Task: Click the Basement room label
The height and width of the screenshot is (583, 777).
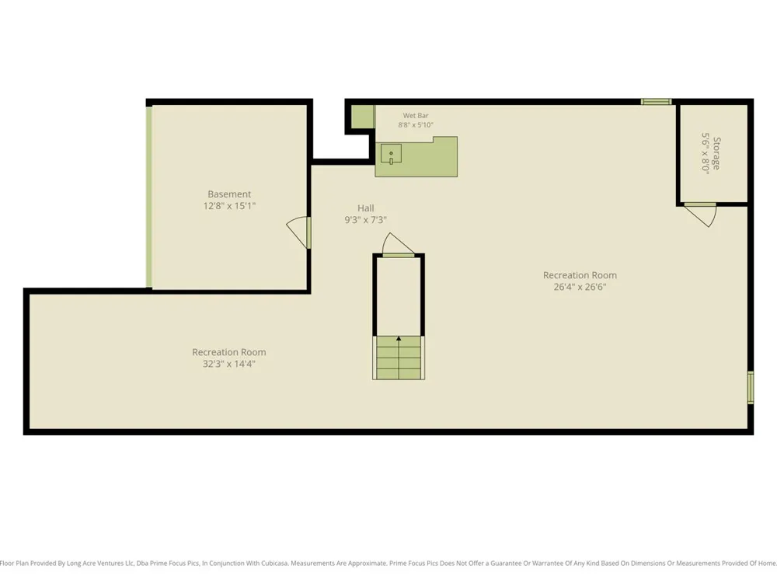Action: pos(229,194)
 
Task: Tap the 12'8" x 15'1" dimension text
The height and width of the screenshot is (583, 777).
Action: pos(229,206)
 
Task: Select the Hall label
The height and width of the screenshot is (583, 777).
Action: pos(366,208)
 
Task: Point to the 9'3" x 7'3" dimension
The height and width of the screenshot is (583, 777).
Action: pos(366,220)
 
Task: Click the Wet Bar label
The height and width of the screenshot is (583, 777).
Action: pos(415,116)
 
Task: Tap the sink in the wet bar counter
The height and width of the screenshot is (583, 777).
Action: pos(391,154)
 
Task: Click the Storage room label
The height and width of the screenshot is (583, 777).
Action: pos(716,154)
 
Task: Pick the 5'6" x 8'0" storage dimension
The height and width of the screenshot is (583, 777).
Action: pos(706,152)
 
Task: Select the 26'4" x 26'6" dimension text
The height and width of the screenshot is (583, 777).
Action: pos(580,287)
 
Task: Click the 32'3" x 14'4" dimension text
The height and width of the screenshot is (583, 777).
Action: pos(229,364)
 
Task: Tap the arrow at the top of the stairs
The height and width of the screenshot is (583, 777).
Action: pos(399,339)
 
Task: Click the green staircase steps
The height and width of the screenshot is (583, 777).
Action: pos(399,358)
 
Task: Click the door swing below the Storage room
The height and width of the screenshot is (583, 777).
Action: pos(701,215)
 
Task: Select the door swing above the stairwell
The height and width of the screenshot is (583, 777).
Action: pos(399,245)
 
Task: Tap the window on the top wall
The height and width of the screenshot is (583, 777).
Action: pos(656,102)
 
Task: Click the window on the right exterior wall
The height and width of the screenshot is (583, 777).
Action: pos(751,387)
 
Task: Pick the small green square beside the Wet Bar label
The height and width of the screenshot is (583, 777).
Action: pos(363,117)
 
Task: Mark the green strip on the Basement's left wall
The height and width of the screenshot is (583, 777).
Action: pos(148,197)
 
